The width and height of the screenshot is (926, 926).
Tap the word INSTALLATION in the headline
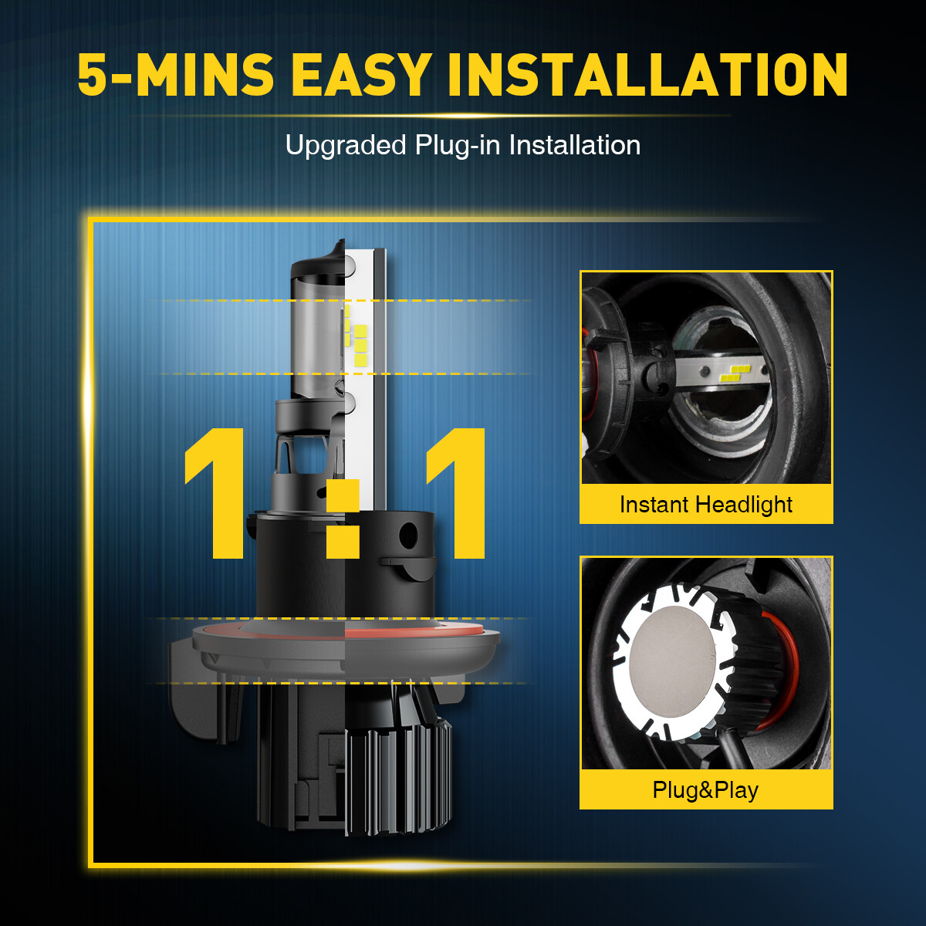coord(647,75)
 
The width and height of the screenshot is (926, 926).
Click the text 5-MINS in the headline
coord(175,75)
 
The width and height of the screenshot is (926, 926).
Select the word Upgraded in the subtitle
coord(346,146)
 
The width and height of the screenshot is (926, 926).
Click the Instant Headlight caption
coord(706,505)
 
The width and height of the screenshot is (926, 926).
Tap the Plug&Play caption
coord(705,790)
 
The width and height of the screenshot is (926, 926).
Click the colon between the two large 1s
coord(343,519)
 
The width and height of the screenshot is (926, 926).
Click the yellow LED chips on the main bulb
coord(357,339)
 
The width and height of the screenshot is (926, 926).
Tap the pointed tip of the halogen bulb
coord(341,241)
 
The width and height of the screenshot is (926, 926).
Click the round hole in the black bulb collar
coord(408,534)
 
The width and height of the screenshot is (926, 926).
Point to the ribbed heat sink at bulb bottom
coord(398,779)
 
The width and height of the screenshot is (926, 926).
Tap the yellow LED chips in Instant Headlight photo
coord(735,373)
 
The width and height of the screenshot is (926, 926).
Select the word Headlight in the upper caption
coord(744,505)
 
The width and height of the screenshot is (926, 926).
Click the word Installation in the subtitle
coord(575,146)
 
